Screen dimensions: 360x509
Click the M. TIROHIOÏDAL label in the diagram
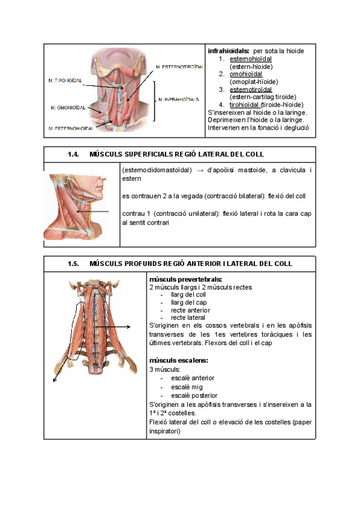(65, 79)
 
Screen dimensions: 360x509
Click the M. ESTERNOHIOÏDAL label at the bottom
(71, 128)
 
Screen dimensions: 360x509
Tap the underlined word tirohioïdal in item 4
(245, 104)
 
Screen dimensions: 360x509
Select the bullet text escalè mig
(187, 387)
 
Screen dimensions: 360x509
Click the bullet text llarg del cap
(189, 303)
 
